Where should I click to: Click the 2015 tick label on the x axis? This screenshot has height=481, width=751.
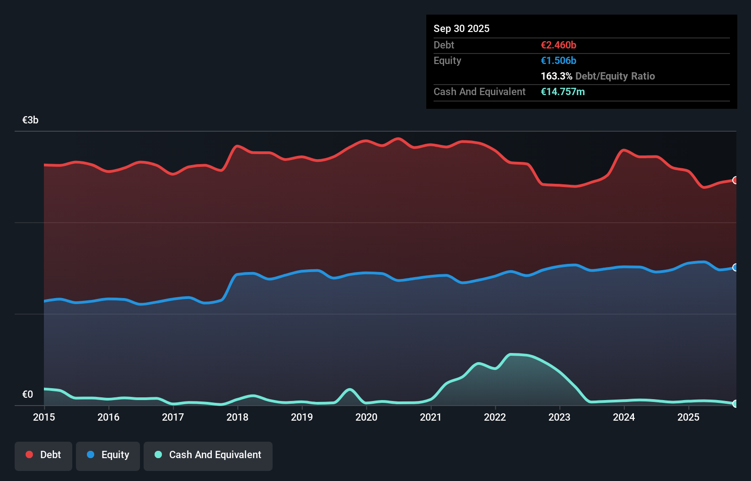pos(44,417)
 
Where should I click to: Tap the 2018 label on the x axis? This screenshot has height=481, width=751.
pos(237,417)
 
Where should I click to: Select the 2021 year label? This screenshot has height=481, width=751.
pos(431,417)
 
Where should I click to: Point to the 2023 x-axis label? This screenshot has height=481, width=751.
pos(559,417)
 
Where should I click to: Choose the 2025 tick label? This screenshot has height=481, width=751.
pos(688,417)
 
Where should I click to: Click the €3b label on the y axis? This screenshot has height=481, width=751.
pos(30,120)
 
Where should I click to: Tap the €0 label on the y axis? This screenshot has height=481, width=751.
pos(27,394)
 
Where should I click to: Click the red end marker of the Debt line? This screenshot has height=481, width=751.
pos(735,180)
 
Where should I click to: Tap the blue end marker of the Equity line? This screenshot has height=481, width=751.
pos(735,267)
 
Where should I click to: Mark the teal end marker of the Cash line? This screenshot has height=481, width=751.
pos(735,404)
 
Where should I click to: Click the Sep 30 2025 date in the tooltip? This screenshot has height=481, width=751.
pos(461,28)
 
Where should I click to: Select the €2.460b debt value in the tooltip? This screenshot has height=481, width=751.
pos(558,45)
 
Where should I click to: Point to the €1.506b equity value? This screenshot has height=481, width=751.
pos(558,60)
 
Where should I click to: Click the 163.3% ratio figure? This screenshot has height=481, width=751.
pos(556,76)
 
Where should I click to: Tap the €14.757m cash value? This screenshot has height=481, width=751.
pos(563,91)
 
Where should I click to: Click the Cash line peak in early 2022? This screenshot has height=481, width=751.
pos(512,354)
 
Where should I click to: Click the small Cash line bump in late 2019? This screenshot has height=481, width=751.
pos(350,390)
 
